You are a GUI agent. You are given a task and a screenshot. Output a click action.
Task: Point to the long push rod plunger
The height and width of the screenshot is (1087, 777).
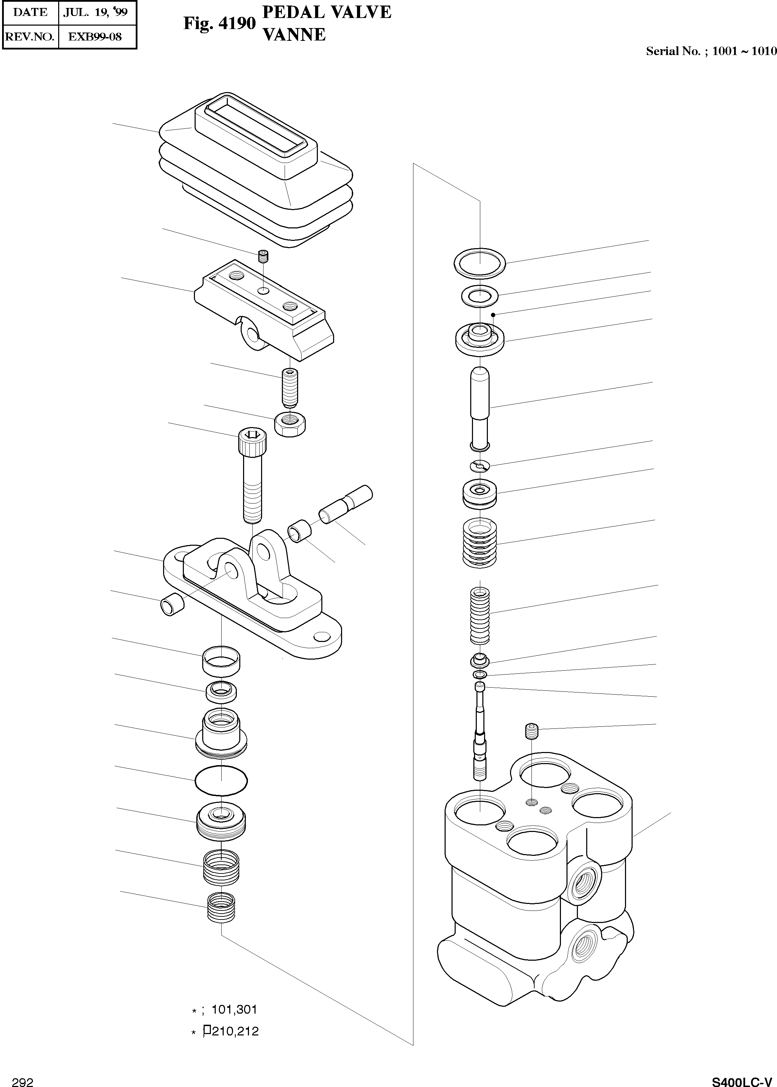pos(480,407)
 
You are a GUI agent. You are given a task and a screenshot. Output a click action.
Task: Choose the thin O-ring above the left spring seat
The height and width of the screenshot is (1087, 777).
pos(221,781)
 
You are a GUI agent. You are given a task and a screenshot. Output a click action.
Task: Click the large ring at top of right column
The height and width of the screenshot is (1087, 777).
pos(480,263)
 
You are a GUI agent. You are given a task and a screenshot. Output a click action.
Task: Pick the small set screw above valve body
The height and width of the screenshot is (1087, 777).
pos(532,731)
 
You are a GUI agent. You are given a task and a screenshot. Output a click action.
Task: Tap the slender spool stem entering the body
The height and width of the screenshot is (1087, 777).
pos(480,732)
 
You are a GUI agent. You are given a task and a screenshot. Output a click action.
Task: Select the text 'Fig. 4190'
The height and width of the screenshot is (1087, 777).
pos(220,23)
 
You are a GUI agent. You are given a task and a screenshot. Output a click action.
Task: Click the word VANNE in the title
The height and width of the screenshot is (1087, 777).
pos(294,34)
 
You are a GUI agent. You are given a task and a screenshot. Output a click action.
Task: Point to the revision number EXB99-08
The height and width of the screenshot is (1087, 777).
pos(95,37)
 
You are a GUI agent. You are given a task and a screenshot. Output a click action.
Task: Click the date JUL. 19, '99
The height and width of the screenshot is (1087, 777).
pos(96,12)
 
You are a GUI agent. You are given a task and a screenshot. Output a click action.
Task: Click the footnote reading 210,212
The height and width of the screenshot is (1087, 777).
pos(234,1031)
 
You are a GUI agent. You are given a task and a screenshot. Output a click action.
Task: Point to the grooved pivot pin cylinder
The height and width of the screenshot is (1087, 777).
pos(346,505)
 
